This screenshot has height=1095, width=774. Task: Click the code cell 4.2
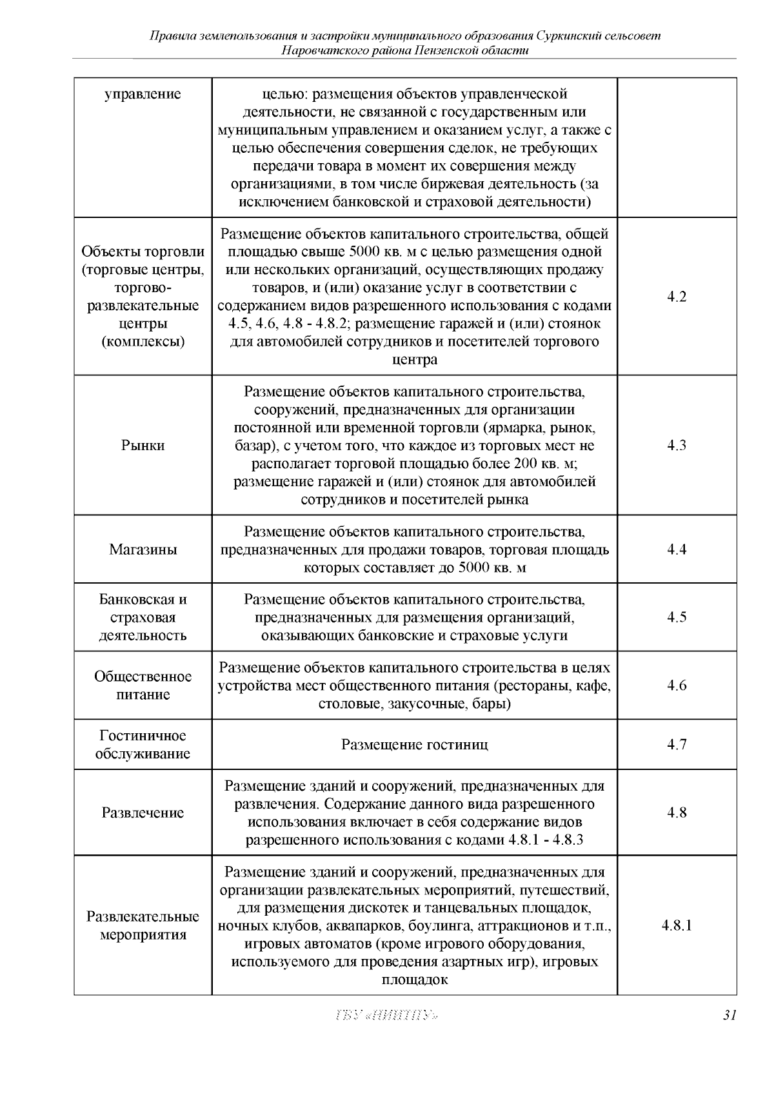pyautogui.click(x=677, y=297)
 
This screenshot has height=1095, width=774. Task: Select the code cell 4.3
pyautogui.click(x=677, y=445)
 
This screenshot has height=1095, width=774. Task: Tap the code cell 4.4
pyautogui.click(x=677, y=549)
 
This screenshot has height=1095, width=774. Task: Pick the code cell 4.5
pyautogui.click(x=677, y=617)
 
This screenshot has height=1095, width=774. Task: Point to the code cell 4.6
pyautogui.click(x=677, y=686)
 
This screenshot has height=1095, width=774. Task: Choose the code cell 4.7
pyautogui.click(x=677, y=745)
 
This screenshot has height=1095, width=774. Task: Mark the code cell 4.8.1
pyautogui.click(x=677, y=925)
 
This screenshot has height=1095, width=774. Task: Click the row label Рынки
pyautogui.click(x=143, y=446)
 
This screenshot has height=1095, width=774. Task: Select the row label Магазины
pyautogui.click(x=143, y=550)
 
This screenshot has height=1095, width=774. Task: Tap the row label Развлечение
pyautogui.click(x=143, y=813)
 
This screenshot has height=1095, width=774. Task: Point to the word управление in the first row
pyautogui.click(x=143, y=95)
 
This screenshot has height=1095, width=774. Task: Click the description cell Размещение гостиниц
pyautogui.click(x=414, y=745)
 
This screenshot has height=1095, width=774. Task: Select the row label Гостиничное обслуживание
pyautogui.click(x=143, y=745)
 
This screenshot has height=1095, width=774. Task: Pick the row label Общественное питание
pyautogui.click(x=143, y=686)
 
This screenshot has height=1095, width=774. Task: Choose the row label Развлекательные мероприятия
pyautogui.click(x=143, y=925)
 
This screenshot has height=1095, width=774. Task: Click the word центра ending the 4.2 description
pyautogui.click(x=415, y=359)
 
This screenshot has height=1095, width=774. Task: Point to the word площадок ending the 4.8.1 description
pyautogui.click(x=415, y=980)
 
